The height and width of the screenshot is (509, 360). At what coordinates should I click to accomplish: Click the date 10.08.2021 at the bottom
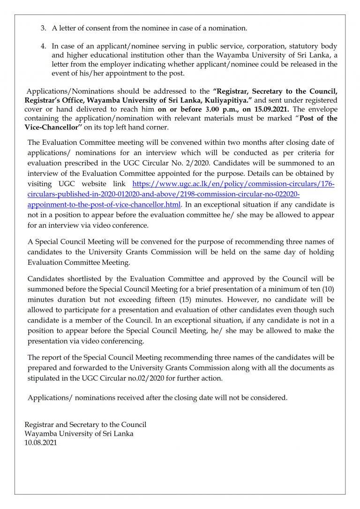coord(40,442)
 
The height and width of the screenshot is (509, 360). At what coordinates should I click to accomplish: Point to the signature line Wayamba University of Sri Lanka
coord(79,434)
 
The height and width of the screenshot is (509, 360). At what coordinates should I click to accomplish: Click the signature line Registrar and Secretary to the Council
coord(85,425)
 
